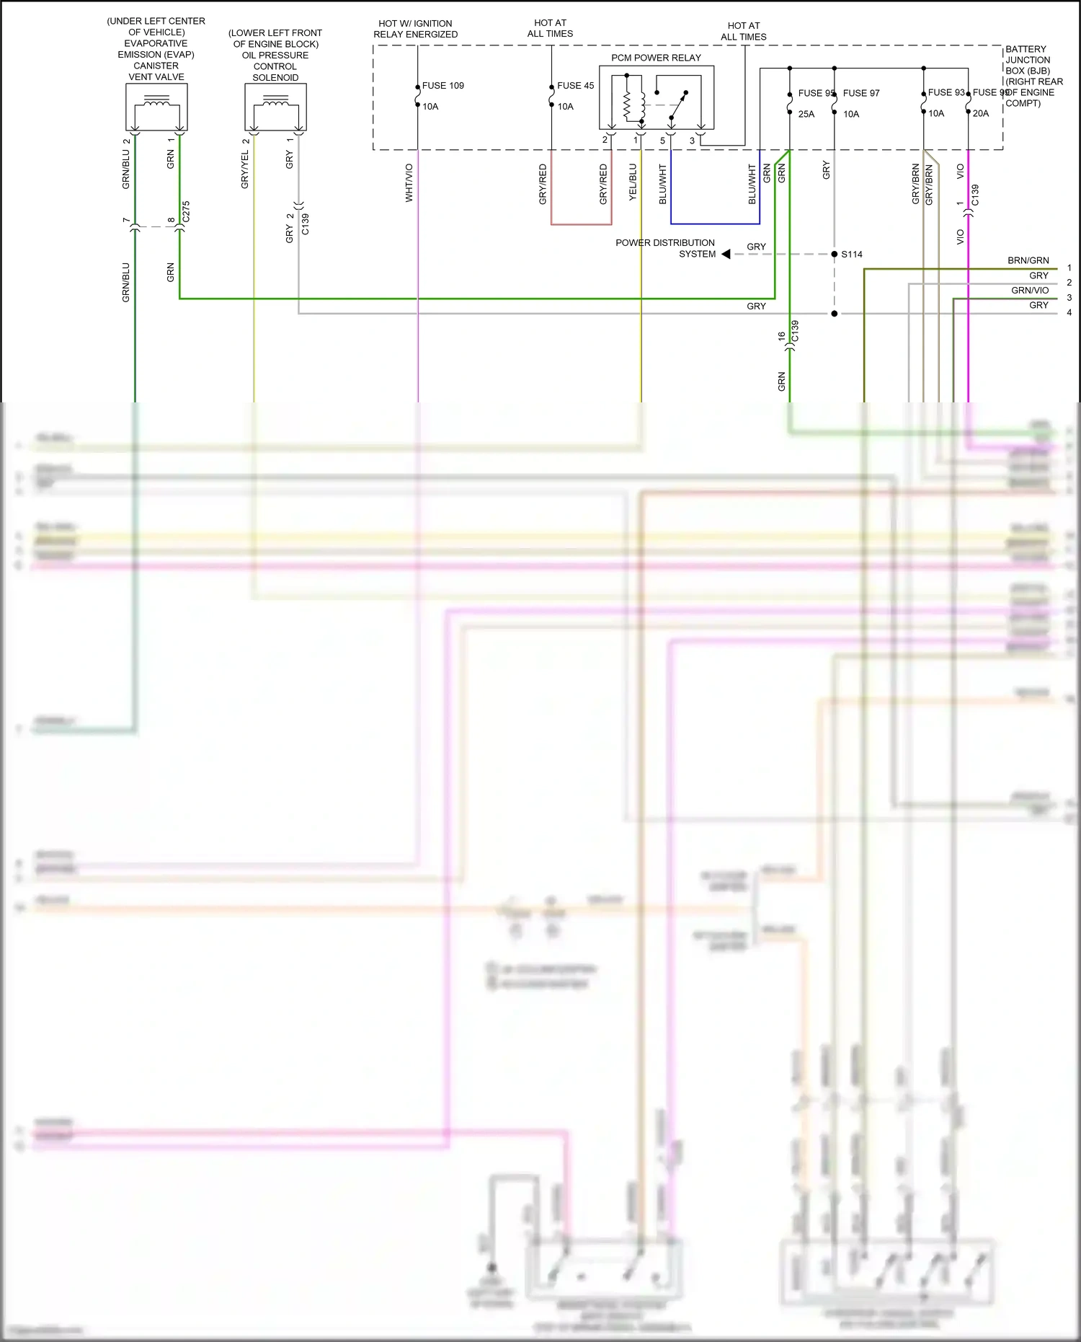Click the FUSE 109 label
tap(442, 86)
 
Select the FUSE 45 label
tap(575, 86)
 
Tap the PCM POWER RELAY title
tap(656, 58)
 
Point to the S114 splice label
tap(851, 255)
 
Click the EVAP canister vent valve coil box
tap(156, 107)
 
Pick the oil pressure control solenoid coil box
tap(275, 107)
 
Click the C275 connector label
tap(186, 211)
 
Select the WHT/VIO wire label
tap(409, 182)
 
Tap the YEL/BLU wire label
tap(633, 182)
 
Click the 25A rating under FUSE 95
tap(806, 114)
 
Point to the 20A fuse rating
tap(981, 113)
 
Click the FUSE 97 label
tap(861, 93)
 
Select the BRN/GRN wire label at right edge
tap(1028, 260)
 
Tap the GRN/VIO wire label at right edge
tap(1029, 291)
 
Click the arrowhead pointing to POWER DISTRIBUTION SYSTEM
tap(726, 254)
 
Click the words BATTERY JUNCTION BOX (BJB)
tap(1028, 60)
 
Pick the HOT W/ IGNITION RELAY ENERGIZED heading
tap(415, 29)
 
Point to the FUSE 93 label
tap(946, 92)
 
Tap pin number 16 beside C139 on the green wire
tap(781, 336)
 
